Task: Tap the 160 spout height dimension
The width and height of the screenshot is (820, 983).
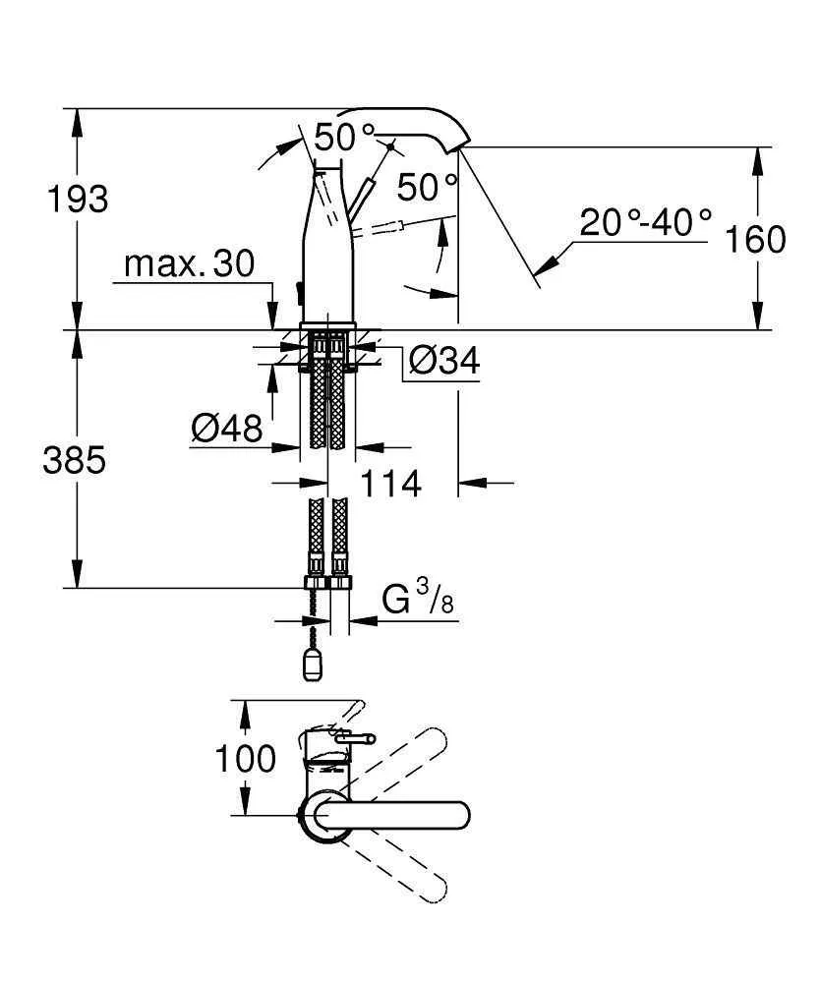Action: click(x=756, y=239)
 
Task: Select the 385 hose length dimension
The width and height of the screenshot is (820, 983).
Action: click(x=74, y=459)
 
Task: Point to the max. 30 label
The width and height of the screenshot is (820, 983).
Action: click(x=190, y=263)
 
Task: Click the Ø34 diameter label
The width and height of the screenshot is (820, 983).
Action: click(x=443, y=362)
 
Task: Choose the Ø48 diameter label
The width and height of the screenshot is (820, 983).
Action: click(x=227, y=428)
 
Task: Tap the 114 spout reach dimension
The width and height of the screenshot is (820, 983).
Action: click(x=390, y=483)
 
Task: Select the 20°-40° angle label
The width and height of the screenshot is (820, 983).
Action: click(x=645, y=222)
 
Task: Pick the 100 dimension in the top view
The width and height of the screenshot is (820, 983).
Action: click(x=245, y=759)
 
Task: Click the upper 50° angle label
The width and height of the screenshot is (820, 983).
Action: click(x=345, y=137)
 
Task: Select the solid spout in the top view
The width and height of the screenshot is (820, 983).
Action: click(x=393, y=815)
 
